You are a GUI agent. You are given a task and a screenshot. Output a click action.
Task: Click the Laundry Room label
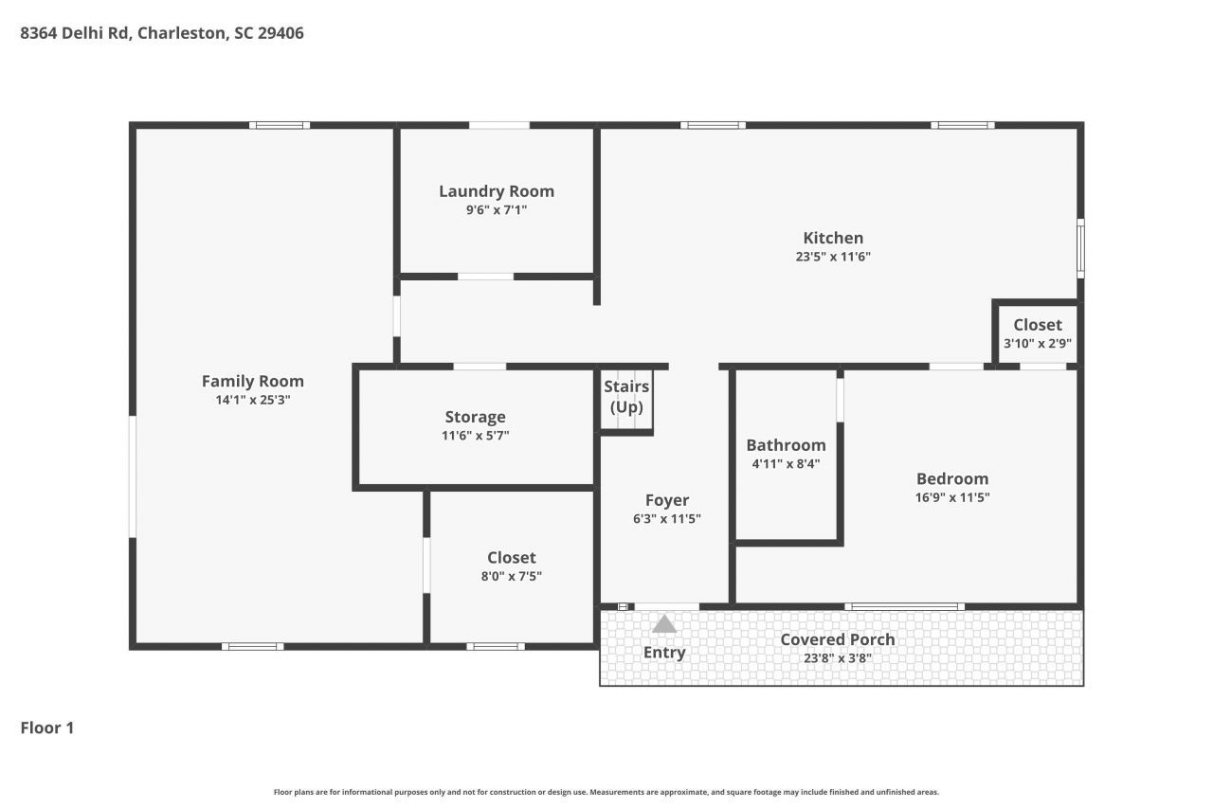[x=496, y=190]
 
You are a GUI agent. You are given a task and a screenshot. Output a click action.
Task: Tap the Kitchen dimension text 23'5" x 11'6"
[x=833, y=256]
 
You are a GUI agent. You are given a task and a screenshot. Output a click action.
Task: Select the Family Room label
[x=252, y=381]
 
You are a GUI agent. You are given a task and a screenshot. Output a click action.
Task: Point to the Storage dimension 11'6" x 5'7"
[x=475, y=436]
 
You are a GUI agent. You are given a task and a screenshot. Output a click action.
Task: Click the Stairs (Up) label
[x=626, y=396]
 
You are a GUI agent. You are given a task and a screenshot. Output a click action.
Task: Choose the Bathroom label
[x=786, y=444]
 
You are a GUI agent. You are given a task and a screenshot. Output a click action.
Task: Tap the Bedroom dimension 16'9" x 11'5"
[x=952, y=497]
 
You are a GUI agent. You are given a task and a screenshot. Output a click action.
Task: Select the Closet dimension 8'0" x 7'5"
[x=511, y=576]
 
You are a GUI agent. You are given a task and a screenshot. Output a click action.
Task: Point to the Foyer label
[x=666, y=500]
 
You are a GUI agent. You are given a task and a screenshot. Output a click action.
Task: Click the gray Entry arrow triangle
[x=664, y=623]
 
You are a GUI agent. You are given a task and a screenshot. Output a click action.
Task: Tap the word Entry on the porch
[x=663, y=652]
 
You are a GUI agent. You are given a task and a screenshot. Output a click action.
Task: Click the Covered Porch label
[x=837, y=639]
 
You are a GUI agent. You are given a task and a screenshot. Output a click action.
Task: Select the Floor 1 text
[x=47, y=727]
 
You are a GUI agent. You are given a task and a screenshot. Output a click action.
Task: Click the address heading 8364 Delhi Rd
[x=162, y=33]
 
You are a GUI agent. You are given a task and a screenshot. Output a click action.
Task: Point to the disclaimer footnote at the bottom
[x=606, y=792]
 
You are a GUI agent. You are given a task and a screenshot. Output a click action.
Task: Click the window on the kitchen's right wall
[x=1080, y=248]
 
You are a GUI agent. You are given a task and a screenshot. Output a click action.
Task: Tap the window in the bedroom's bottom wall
[x=905, y=606]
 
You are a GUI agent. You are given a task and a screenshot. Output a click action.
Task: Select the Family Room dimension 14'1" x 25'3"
[x=252, y=400]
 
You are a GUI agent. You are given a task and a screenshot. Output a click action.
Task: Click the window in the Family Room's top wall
[x=280, y=125]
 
